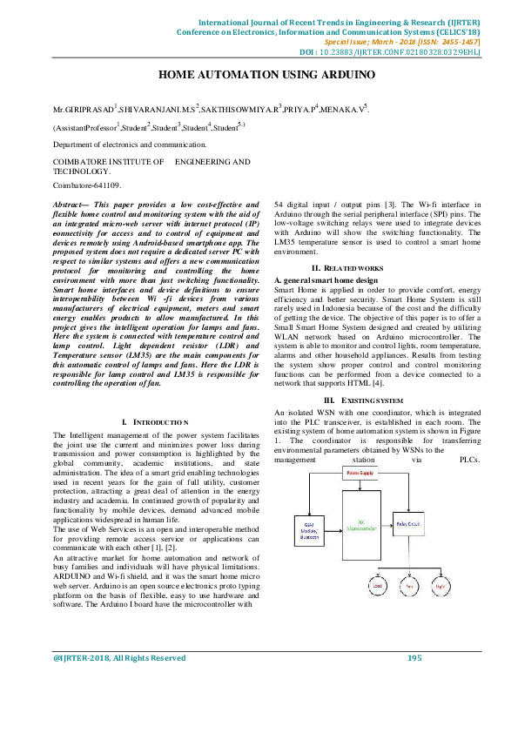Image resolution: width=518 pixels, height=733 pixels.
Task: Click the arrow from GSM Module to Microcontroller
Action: tap(333, 528)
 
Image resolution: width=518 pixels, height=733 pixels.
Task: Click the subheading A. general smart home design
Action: tap(326, 280)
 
